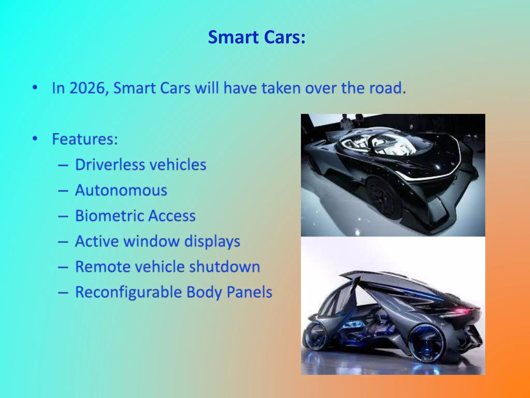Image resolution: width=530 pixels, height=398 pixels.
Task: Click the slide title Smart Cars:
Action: pyautogui.click(x=256, y=37)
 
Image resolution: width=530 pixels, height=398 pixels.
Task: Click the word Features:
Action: pyautogui.click(x=85, y=139)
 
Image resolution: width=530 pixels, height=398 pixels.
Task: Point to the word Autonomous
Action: pyautogui.click(x=121, y=190)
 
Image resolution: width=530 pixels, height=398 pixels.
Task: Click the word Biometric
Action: pyautogui.click(x=109, y=216)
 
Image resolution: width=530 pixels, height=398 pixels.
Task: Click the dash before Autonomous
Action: pyautogui.click(x=63, y=191)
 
